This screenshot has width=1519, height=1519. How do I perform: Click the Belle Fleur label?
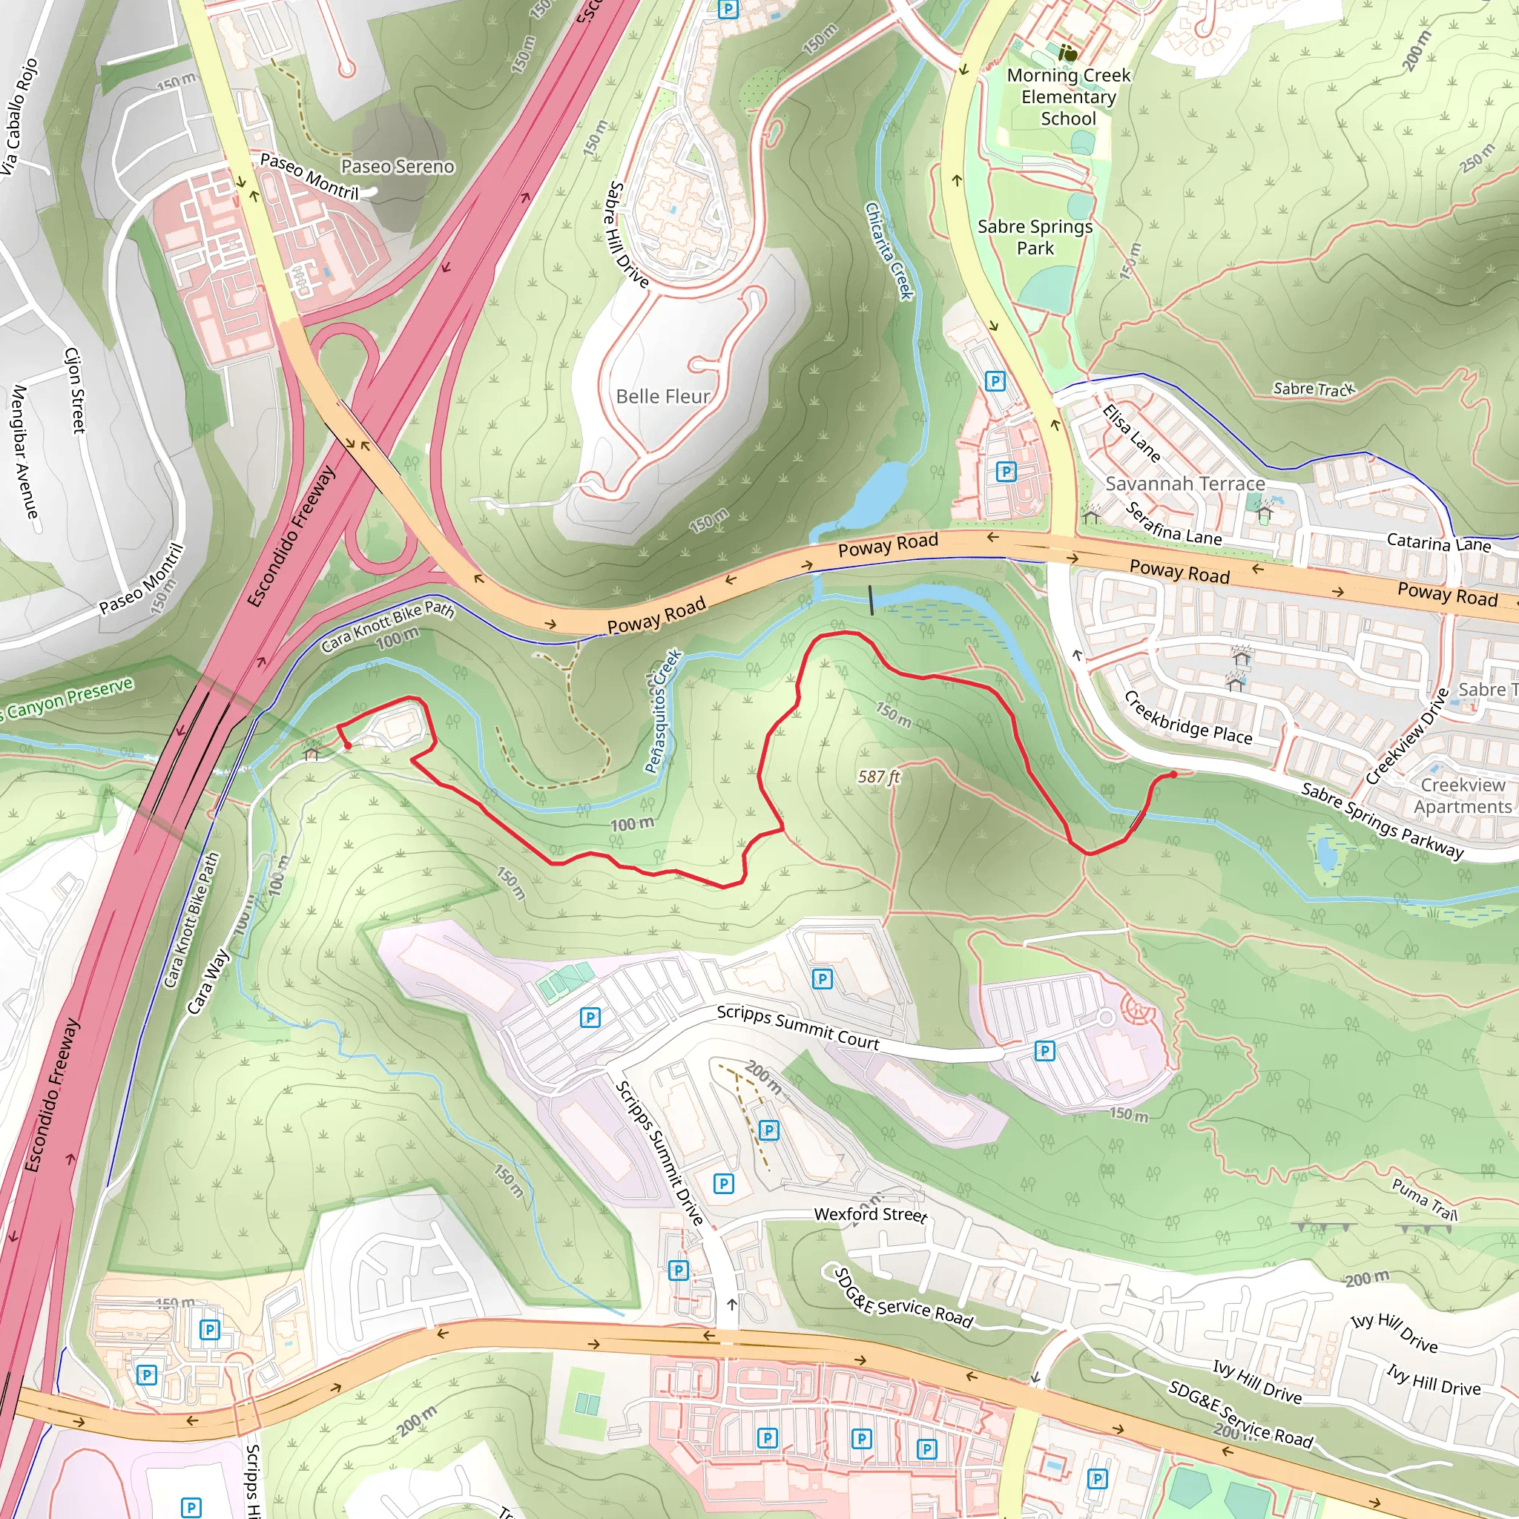(x=662, y=396)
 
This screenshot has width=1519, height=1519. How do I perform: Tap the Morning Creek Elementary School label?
(x=1068, y=96)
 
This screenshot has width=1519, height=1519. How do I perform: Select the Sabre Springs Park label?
(x=1034, y=237)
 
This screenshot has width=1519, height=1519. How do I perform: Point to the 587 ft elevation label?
(x=878, y=777)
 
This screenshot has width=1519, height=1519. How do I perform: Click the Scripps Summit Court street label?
(x=797, y=1027)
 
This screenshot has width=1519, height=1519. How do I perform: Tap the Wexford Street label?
(x=869, y=1214)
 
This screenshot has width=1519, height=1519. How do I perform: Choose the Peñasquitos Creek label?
(x=662, y=711)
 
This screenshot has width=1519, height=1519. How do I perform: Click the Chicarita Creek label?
(x=889, y=251)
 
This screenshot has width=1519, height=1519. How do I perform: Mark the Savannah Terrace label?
(x=1184, y=484)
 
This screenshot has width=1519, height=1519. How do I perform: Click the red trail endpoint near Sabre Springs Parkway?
(x=1173, y=774)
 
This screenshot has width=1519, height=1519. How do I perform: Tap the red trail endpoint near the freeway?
(x=348, y=745)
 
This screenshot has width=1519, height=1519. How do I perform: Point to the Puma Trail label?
(x=1424, y=1199)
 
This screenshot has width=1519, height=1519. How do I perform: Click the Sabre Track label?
(x=1314, y=389)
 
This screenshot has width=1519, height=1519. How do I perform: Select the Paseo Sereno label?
(x=397, y=167)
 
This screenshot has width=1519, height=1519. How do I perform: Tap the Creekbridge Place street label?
(x=1187, y=718)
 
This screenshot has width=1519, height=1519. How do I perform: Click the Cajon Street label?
(x=75, y=391)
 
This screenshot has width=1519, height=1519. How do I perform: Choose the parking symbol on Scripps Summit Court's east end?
(x=1044, y=1051)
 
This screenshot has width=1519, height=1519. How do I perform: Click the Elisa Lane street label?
(x=1130, y=433)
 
